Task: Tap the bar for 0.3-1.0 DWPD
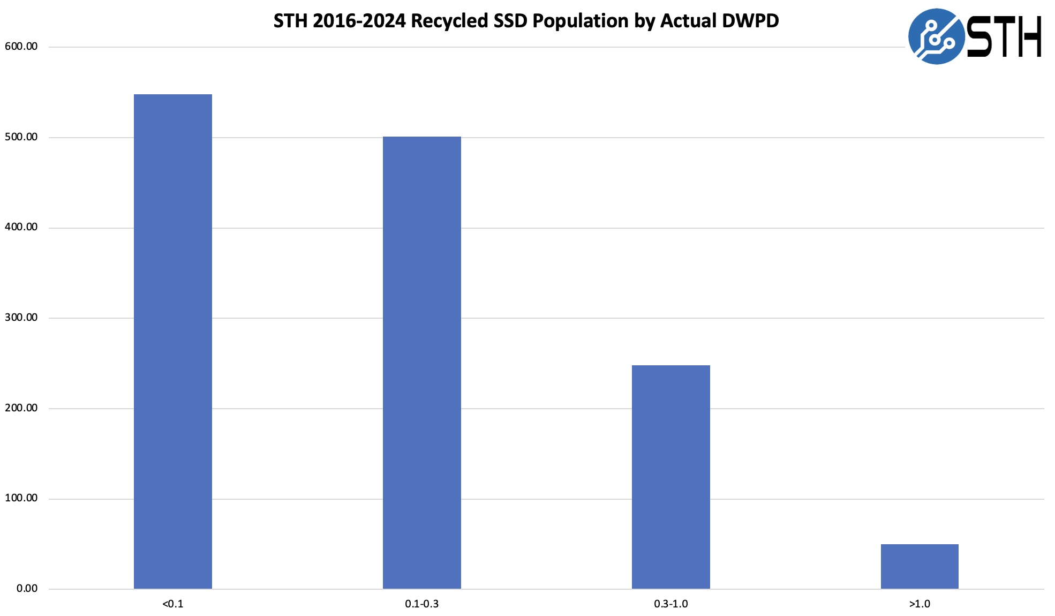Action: [x=670, y=477]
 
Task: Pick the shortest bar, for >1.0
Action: [x=920, y=566]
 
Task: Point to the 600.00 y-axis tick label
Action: [x=21, y=47]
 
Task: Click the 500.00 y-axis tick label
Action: [x=21, y=137]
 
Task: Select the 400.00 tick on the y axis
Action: [x=21, y=227]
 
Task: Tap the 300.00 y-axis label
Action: [x=21, y=318]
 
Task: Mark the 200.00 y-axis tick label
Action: [x=21, y=408]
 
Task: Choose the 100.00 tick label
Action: [x=21, y=498]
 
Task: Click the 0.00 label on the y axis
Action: [x=27, y=589]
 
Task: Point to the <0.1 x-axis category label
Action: [x=172, y=604]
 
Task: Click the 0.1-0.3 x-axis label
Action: [x=421, y=604]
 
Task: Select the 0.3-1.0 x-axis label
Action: [x=670, y=604]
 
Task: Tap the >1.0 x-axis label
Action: [x=920, y=604]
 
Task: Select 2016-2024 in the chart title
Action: [x=359, y=21]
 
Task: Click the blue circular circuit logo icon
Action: [x=936, y=36]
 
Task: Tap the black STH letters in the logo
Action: [x=1005, y=36]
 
